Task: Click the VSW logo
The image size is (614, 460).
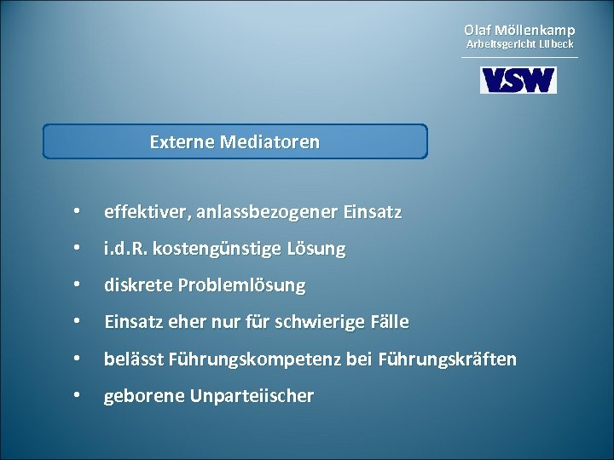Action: pos(518,80)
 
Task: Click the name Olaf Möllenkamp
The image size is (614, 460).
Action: pos(519,30)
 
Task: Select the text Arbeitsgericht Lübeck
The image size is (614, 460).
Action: pos(519,43)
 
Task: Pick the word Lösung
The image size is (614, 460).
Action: pos(316,249)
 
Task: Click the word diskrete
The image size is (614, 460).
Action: pos(136,285)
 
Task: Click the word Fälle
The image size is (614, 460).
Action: pos(390,322)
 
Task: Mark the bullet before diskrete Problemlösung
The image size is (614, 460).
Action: pos(78,285)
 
